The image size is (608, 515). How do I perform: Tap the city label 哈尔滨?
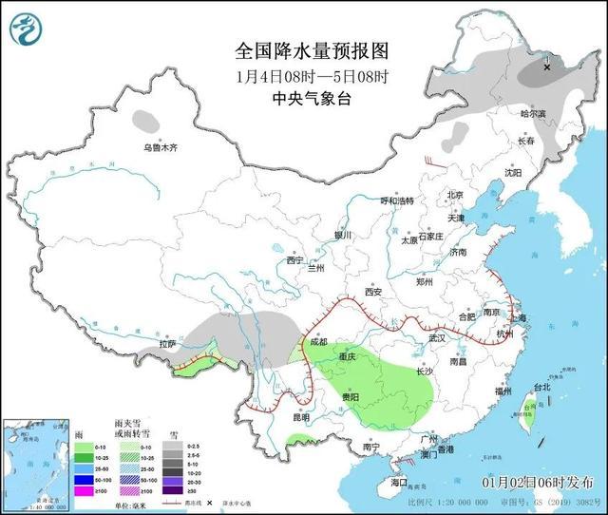pyautogui.click(x=533, y=113)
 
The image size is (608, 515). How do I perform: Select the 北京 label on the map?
pyautogui.click(x=455, y=195)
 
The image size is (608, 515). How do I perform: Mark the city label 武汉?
pyautogui.click(x=437, y=337)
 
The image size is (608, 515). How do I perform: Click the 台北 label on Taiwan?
pyautogui.click(x=540, y=388)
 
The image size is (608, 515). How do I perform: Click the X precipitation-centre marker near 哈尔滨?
pyautogui.click(x=547, y=67)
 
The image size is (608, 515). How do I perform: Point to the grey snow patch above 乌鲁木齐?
pyautogui.click(x=146, y=121)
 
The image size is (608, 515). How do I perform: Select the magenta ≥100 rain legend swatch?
pyautogui.click(x=83, y=491)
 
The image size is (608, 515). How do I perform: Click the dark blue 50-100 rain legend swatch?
pyautogui.click(x=83, y=480)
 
